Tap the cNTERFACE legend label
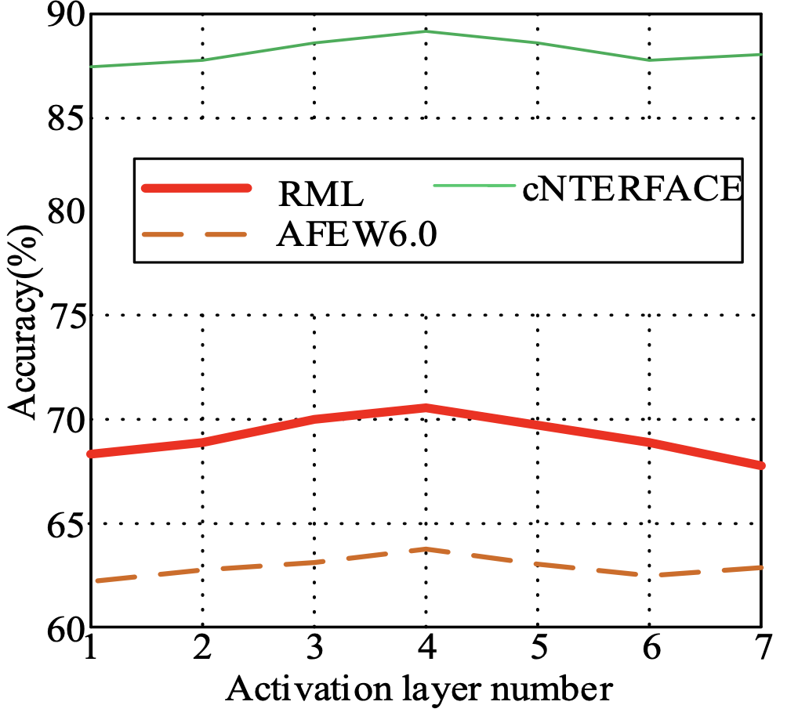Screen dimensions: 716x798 click(632, 188)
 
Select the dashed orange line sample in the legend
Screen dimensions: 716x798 click(196, 233)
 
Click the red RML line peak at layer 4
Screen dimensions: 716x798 click(426, 407)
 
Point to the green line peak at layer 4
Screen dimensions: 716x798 click(426, 31)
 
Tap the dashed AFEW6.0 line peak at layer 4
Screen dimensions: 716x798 click(426, 549)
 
